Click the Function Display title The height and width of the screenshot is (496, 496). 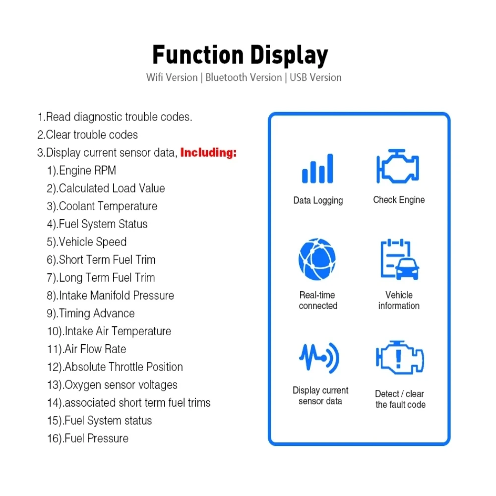[240, 55]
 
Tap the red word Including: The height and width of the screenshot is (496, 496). [208, 153]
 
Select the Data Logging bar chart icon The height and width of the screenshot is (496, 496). [317, 169]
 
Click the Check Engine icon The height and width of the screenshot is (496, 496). [398, 166]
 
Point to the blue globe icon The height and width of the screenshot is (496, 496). [317, 259]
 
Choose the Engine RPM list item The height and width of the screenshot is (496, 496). [82, 171]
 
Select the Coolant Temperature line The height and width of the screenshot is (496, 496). [102, 206]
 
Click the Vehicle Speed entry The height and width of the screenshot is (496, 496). [87, 242]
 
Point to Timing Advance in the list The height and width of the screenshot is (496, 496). [91, 313]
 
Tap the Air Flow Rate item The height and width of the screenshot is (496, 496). [87, 349]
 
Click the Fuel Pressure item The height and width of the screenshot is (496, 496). [88, 438]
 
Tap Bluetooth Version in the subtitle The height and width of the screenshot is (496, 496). [244, 78]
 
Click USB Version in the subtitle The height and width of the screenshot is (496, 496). [315, 78]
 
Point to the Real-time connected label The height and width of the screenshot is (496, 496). [318, 301]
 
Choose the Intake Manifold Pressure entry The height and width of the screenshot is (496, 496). [111, 296]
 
